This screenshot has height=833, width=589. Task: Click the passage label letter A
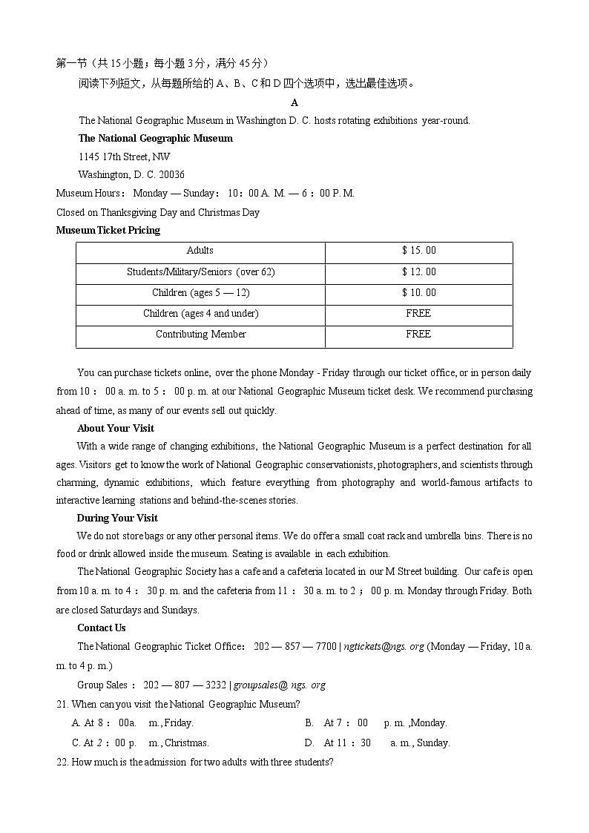(x=294, y=102)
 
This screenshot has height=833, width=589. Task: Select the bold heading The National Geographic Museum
(x=155, y=139)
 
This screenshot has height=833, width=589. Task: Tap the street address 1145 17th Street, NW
(x=124, y=157)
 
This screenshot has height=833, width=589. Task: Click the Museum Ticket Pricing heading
(x=108, y=231)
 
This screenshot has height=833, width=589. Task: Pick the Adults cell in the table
(x=200, y=251)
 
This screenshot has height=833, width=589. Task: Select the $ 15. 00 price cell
(x=418, y=251)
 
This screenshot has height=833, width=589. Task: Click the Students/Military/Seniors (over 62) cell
(x=200, y=272)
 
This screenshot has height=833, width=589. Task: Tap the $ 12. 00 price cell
(x=418, y=272)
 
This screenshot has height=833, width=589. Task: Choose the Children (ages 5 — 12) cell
(x=200, y=293)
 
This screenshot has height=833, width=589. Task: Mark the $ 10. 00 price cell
(x=418, y=293)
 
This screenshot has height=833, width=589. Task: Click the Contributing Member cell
(x=200, y=335)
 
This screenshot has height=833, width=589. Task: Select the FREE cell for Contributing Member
(x=418, y=335)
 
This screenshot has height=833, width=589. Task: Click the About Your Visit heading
(x=116, y=429)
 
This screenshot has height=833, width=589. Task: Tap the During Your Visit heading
(x=117, y=518)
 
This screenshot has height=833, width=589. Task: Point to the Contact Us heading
(x=102, y=628)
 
